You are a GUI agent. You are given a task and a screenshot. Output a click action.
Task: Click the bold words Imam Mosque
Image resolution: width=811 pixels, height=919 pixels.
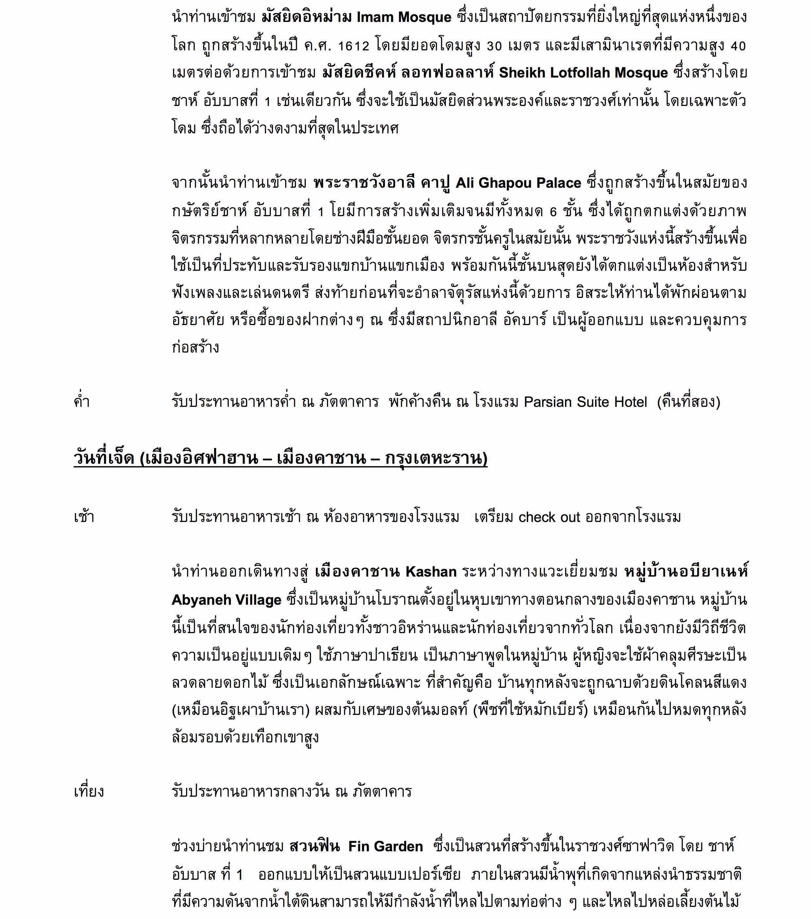click(x=404, y=18)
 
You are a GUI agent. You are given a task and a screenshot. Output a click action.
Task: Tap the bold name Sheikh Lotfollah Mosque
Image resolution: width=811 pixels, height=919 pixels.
click(x=583, y=73)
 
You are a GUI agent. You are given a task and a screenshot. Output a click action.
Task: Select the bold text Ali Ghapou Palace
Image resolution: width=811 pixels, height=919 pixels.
click(x=518, y=183)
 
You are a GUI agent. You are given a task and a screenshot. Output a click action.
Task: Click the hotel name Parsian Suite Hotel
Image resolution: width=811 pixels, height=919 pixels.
click(x=585, y=402)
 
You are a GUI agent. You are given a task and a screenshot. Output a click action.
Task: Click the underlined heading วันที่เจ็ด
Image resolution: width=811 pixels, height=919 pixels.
click(x=104, y=459)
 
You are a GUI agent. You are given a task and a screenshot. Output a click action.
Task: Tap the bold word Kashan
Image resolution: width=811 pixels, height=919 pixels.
click(x=431, y=572)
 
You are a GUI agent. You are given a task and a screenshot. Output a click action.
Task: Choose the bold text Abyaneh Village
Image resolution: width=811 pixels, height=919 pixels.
click(x=226, y=600)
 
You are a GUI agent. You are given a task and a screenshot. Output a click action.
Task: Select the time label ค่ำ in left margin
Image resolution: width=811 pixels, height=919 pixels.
click(x=82, y=402)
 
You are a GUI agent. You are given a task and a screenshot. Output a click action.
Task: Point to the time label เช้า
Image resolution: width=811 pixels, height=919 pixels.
click(x=84, y=517)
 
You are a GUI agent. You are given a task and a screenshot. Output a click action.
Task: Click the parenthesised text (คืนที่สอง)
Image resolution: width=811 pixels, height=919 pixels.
click(x=688, y=402)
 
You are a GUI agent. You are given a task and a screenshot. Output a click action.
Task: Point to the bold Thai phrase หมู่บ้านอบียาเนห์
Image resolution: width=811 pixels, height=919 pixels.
click(x=686, y=572)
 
